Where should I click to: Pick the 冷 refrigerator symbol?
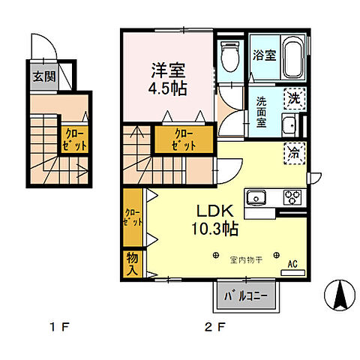[x=295, y=152]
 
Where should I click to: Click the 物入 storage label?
[x=132, y=262]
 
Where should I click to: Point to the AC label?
[x=294, y=264]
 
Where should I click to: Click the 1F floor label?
[x=61, y=327]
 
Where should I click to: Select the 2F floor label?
[x=214, y=327]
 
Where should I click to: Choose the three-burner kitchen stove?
[x=291, y=198]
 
